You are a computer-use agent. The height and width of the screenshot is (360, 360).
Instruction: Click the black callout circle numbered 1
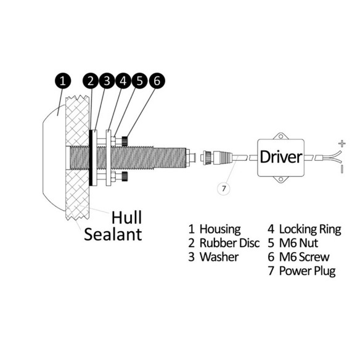63,81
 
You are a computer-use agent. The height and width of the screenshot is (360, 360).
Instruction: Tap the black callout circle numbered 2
91,81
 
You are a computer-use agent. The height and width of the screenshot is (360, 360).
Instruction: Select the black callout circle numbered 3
107,81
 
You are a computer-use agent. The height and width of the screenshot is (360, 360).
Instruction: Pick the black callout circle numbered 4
123,81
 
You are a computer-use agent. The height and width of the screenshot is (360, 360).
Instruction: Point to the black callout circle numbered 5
139,81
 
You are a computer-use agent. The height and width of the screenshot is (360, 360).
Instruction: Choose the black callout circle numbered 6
157,81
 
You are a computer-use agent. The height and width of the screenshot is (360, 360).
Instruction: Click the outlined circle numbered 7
224,189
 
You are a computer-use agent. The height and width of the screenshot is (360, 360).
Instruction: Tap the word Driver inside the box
280,157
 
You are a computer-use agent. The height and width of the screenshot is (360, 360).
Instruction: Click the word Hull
126,218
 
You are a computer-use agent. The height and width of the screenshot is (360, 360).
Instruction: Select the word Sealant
113,234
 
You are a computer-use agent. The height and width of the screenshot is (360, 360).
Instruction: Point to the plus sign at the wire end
342,144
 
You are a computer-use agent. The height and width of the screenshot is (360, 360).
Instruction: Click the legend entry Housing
220,229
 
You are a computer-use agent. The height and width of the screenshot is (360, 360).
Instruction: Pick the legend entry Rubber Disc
229,243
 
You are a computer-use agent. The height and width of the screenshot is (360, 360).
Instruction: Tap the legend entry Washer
219,257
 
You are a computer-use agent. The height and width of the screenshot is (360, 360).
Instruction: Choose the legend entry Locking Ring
310,229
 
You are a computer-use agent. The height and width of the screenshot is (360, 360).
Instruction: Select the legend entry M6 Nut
298,243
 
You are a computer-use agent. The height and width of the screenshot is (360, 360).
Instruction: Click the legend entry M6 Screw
304,257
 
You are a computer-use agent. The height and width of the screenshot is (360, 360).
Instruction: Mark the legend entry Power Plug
307,271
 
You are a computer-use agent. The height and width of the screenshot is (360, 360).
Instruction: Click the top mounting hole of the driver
280,136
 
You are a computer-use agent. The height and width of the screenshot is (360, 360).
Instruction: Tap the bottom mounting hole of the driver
280,179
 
